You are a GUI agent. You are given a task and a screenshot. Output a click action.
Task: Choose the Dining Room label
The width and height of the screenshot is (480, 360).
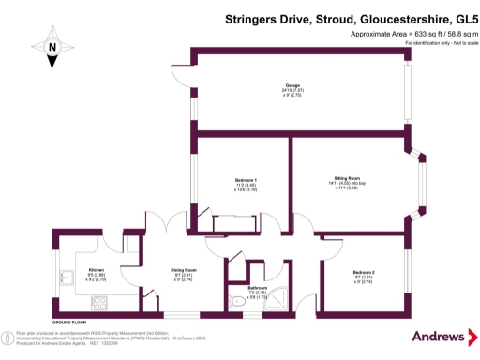pyautogui.click(x=183, y=270)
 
